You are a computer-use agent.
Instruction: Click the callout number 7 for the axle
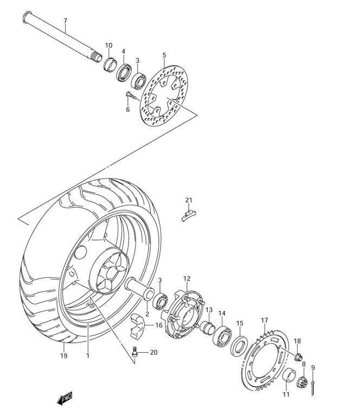tap(65, 21)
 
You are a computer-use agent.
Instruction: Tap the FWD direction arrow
tap(65, 398)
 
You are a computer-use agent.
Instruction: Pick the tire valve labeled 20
tap(134, 352)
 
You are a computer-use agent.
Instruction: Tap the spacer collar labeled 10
tap(110, 64)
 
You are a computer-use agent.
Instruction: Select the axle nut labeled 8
tap(302, 382)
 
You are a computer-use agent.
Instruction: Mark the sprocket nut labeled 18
tap(298, 357)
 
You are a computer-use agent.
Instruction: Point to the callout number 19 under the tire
tap(64, 355)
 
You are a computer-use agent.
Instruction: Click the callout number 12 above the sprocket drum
tap(187, 278)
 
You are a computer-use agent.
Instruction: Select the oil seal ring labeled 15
tap(240, 346)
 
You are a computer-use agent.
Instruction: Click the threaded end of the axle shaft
tap(97, 57)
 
